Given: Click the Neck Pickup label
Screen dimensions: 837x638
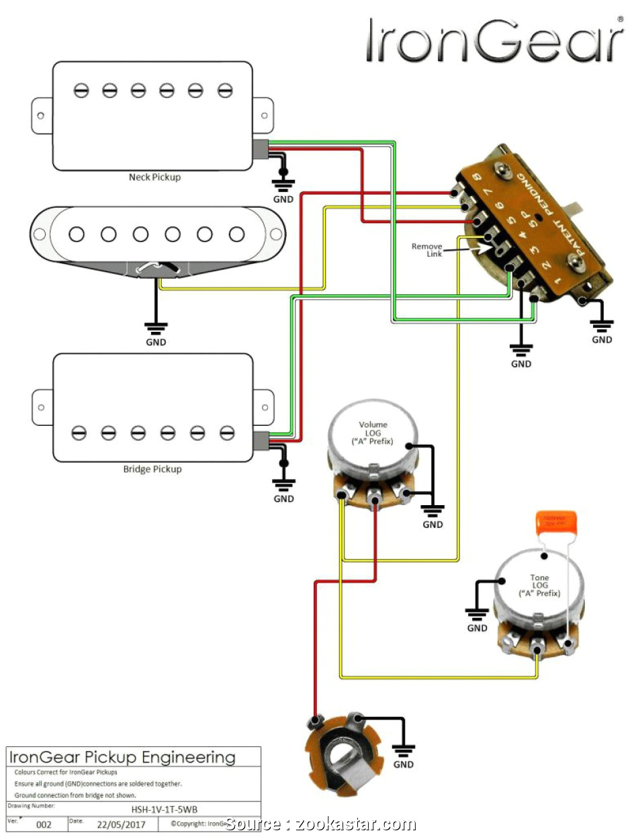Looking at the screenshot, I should [154, 177].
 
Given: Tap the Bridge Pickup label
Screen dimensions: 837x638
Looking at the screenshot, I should [152, 469].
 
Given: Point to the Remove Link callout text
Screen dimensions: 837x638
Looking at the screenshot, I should [427, 250].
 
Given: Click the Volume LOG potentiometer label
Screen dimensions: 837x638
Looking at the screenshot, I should [373, 433].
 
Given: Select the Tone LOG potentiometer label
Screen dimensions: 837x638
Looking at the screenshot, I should [539, 586].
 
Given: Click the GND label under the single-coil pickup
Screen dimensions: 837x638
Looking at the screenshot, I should [156, 342].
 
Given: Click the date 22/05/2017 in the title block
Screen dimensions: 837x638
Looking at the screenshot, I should [122, 824].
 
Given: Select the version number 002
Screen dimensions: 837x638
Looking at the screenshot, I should [44, 824].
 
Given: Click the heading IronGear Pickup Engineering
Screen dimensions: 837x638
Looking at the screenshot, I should [122, 758].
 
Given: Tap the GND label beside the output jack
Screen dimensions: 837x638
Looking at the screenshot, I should [403, 764].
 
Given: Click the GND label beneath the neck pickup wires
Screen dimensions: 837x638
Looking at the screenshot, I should [283, 200].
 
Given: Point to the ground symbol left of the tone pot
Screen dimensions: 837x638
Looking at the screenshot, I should [477, 613].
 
